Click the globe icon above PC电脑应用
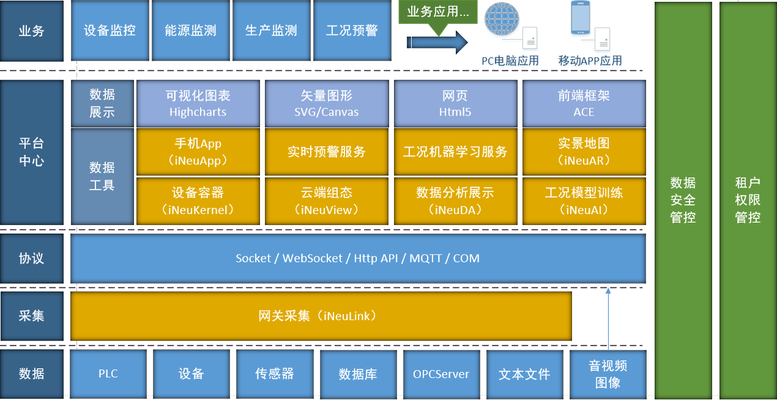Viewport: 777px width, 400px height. pos(502,19)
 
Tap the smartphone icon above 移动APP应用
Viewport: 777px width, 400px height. pos(581,18)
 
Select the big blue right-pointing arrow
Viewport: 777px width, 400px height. pos(437,42)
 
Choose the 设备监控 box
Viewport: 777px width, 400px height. pos(110,31)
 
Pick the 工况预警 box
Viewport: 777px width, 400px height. pos(352,31)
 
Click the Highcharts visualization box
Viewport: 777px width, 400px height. pos(198,103)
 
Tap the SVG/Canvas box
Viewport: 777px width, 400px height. pos(327,103)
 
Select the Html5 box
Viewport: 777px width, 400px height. pos(455,103)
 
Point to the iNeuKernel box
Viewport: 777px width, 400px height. pos(198,201)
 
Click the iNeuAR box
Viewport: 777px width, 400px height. pos(584,152)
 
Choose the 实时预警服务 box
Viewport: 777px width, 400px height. pos(327,152)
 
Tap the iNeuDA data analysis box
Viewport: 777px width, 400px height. pos(455,201)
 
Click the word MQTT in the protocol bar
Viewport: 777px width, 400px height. pos(426,258)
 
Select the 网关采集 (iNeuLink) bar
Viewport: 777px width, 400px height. pos(321,316)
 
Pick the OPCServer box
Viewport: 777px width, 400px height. pos(441,374)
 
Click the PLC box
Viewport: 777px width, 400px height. pos(108,374)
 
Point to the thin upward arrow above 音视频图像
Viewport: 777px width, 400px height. pos(608,319)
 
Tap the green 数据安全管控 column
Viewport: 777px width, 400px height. pos(683,201)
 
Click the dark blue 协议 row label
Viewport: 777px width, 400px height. pos(32,259)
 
